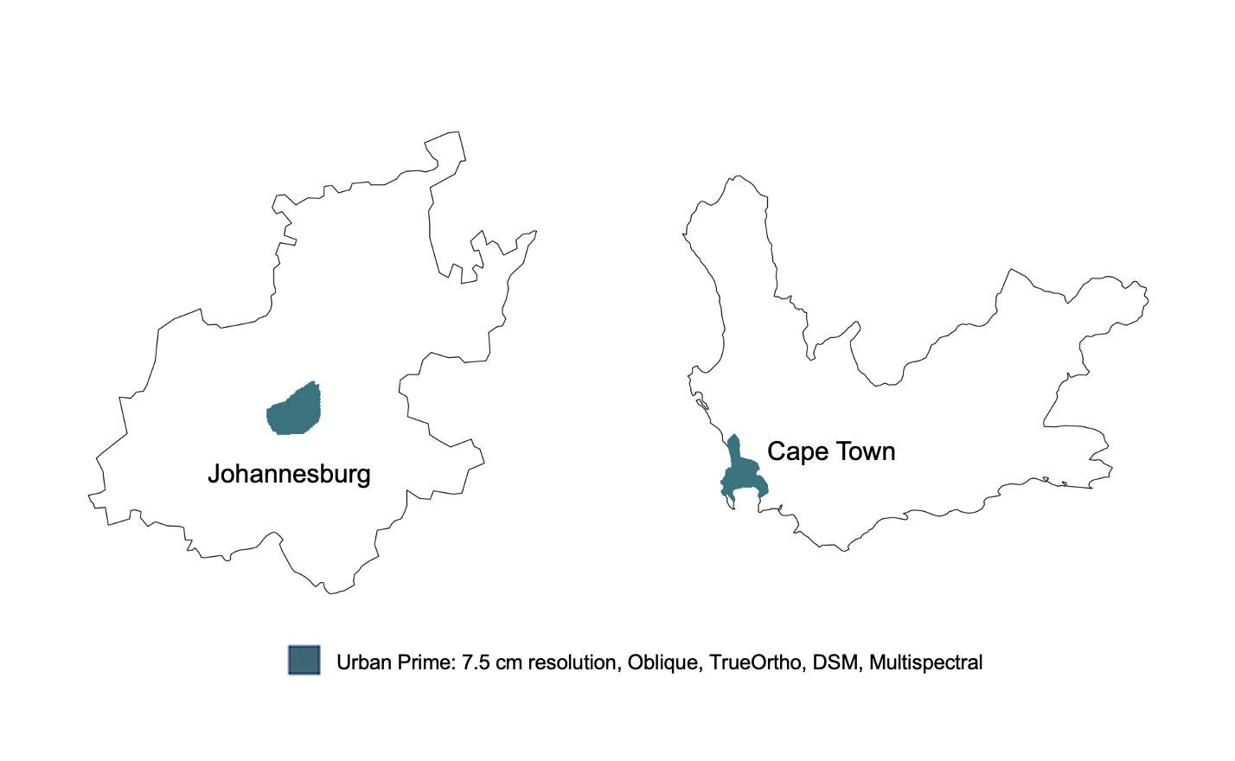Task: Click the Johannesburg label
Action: coord(289,474)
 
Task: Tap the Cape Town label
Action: coord(831,451)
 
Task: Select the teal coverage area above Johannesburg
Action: coord(294,410)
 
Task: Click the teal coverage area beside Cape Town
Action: coord(743,476)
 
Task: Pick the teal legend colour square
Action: coord(304,661)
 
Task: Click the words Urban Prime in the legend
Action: coord(394,662)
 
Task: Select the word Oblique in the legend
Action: coord(663,662)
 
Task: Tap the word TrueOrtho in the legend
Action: coord(755,662)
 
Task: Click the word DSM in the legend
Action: coord(835,662)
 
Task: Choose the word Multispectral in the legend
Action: coord(925,662)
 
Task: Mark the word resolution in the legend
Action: coord(572,662)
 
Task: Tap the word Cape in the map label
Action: coord(797,451)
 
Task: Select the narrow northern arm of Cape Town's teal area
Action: coord(734,449)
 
